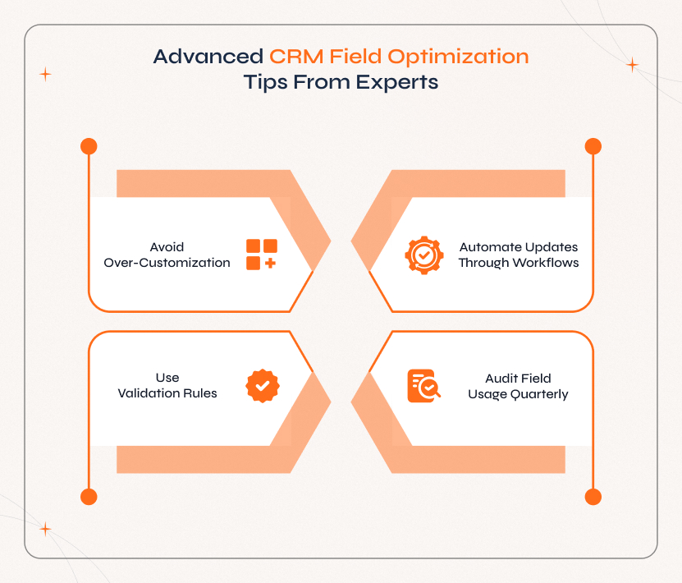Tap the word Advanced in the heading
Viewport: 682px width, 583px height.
[208, 57]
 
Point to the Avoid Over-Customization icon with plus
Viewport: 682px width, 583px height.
[262, 255]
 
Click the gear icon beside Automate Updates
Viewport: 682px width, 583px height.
[424, 255]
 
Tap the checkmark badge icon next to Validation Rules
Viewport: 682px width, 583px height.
[263, 386]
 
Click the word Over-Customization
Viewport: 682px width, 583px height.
[167, 263]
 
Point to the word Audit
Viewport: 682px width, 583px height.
[501, 379]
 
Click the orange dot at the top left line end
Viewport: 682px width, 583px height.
[89, 147]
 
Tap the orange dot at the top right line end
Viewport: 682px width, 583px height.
[593, 147]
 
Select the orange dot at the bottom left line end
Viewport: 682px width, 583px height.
[89, 497]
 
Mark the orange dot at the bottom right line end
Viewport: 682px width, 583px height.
[593, 497]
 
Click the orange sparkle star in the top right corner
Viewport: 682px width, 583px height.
[632, 65]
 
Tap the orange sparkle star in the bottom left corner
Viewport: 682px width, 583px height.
[46, 530]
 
